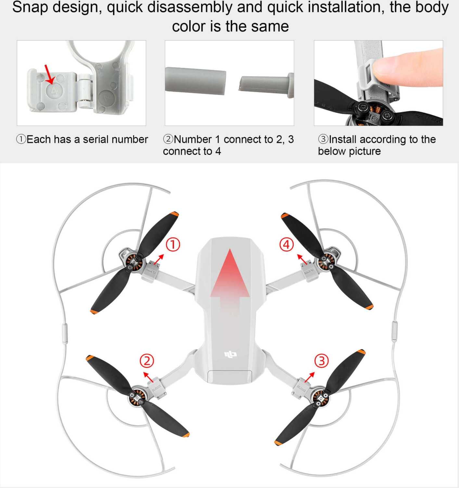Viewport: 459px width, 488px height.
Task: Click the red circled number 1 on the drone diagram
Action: click(x=173, y=245)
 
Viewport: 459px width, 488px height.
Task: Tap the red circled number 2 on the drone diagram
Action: click(x=147, y=361)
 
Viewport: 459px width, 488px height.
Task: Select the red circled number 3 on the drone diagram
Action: click(x=322, y=361)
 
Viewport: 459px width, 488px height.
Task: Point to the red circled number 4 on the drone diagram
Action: click(x=287, y=245)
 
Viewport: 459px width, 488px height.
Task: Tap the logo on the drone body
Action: click(x=231, y=354)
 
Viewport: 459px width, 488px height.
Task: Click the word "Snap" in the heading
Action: click(x=30, y=7)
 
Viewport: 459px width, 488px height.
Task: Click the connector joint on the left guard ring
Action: click(x=65, y=333)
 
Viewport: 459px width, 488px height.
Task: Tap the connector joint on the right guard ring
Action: click(x=394, y=331)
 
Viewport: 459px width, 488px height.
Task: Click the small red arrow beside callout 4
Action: click(x=302, y=259)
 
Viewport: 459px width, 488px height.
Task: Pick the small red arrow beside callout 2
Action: click(x=148, y=377)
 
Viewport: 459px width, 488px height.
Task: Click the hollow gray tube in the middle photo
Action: click(x=195, y=81)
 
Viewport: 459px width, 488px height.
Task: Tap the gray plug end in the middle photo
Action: click(x=266, y=85)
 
